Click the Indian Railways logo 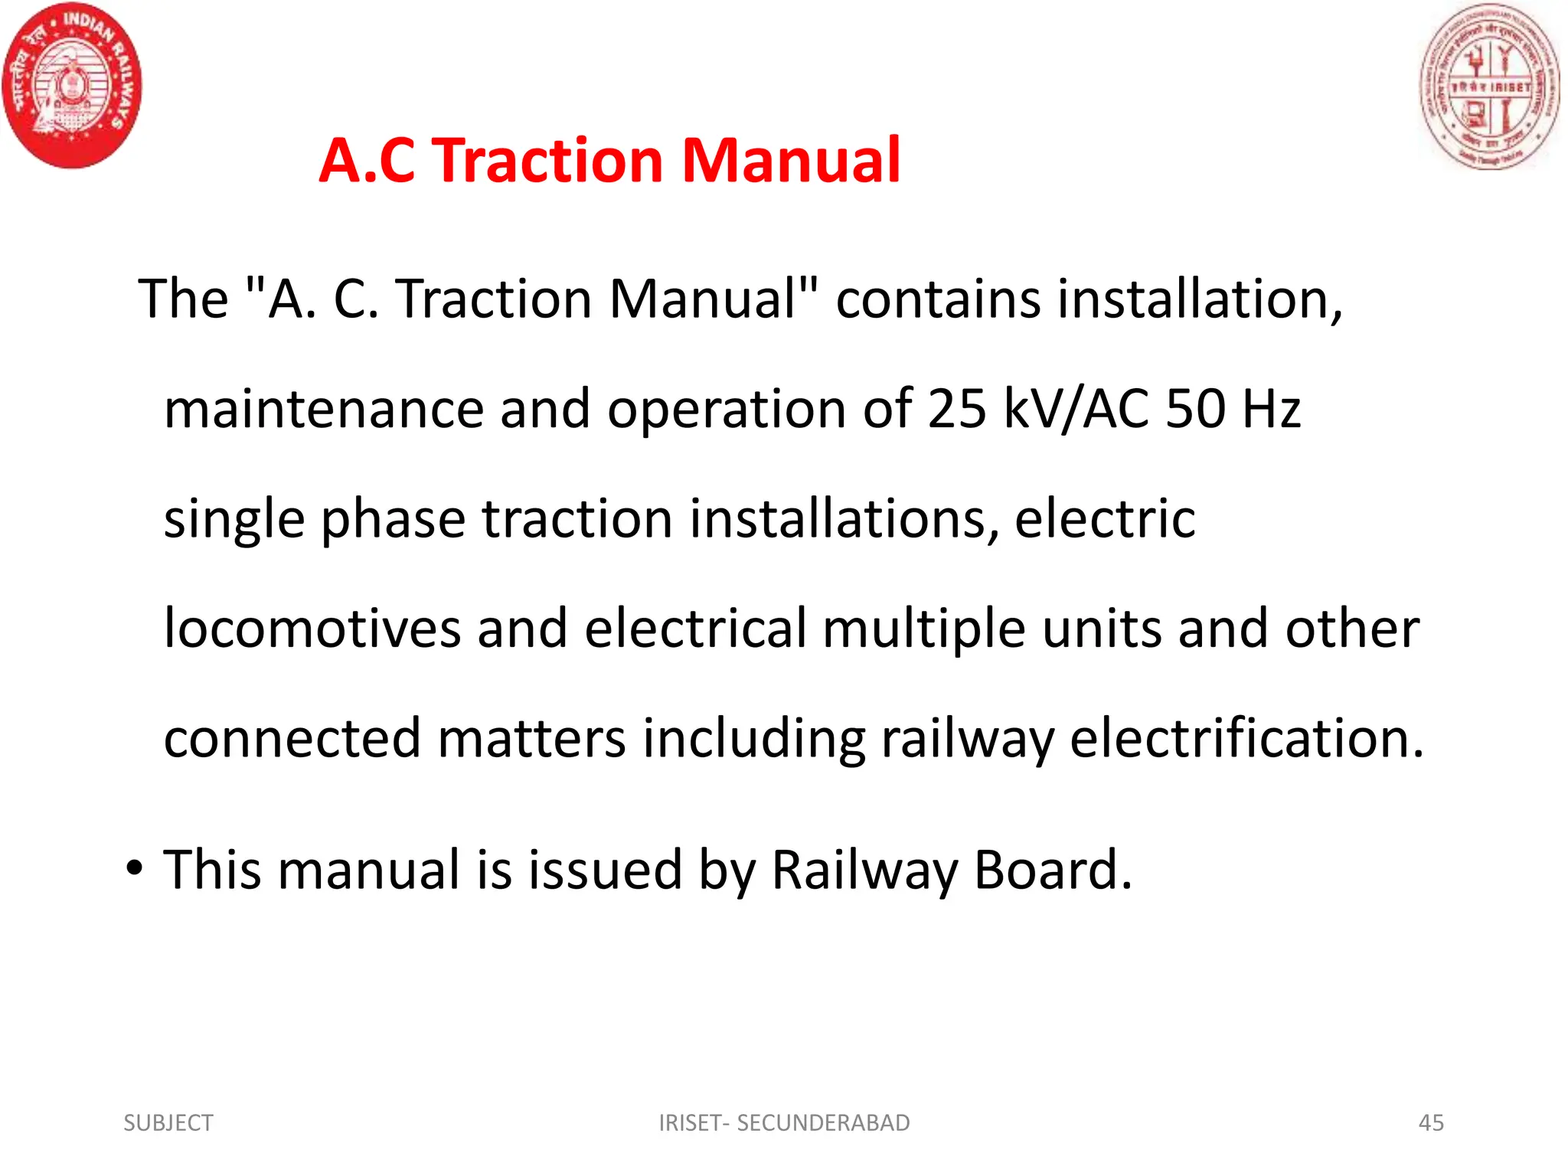click(x=72, y=86)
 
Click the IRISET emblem click(x=1489, y=86)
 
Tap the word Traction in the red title click(x=549, y=161)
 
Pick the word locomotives click(x=312, y=629)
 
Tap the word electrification click(x=1246, y=738)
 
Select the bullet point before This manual click(x=135, y=868)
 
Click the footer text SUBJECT click(x=168, y=1122)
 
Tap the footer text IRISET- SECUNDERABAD click(x=784, y=1122)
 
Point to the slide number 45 click(x=1431, y=1122)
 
